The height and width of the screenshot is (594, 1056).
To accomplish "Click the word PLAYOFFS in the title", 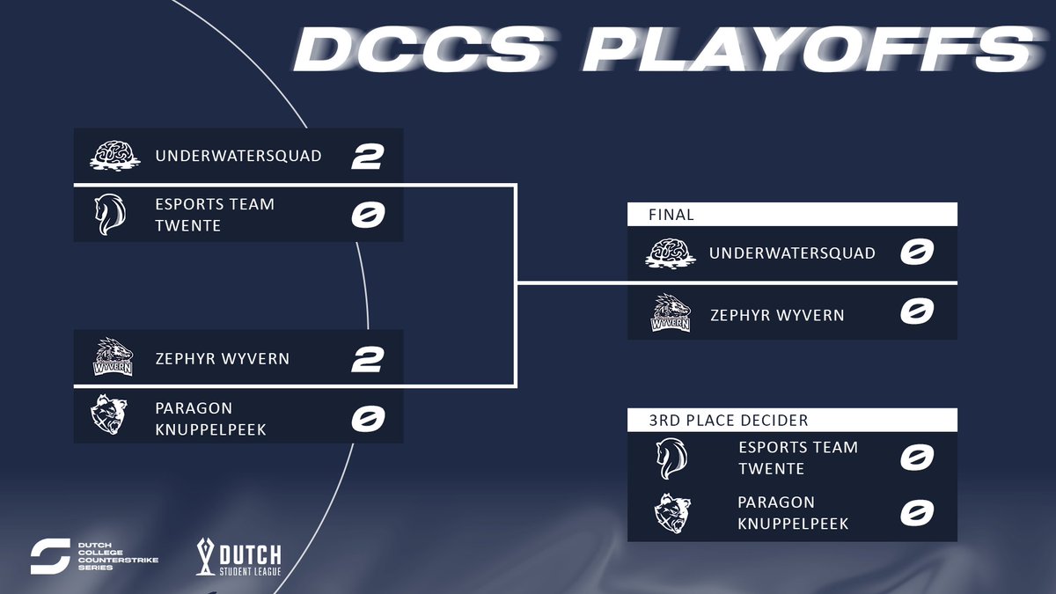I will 805,50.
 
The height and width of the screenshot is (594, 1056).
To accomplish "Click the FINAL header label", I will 671,214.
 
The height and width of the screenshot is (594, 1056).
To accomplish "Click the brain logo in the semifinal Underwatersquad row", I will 114,157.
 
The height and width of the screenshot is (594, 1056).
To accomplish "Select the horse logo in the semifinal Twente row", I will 110,215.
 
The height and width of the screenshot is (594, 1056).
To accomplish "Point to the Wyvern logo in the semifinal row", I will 114,358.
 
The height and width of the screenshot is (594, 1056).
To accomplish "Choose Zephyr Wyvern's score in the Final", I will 916,312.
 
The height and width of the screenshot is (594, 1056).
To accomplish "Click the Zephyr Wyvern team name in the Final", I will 778,315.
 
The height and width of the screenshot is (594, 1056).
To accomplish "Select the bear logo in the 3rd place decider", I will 671,514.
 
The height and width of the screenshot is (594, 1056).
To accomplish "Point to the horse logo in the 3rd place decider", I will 671,458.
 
